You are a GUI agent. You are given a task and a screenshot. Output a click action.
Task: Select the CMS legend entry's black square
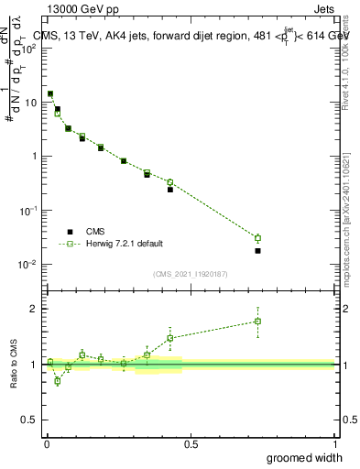(x=70, y=232)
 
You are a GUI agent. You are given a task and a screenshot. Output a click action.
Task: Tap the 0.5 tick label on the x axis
(x=191, y=443)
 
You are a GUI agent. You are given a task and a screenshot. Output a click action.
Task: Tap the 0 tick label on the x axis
(x=46, y=443)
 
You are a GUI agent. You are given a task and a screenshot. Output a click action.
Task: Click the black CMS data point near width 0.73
(x=258, y=250)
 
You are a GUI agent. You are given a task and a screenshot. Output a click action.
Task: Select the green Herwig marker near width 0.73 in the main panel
(x=258, y=238)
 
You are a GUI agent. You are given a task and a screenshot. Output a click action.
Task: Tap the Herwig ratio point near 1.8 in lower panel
(x=258, y=322)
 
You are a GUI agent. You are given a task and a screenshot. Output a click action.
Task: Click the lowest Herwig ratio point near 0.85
(x=58, y=381)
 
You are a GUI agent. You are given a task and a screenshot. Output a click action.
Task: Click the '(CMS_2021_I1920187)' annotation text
(x=191, y=273)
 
